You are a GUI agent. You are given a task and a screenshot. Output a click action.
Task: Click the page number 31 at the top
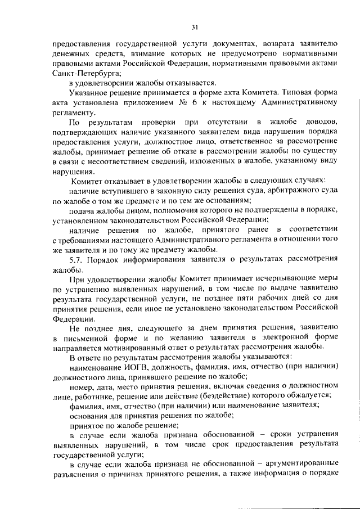[195, 26]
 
